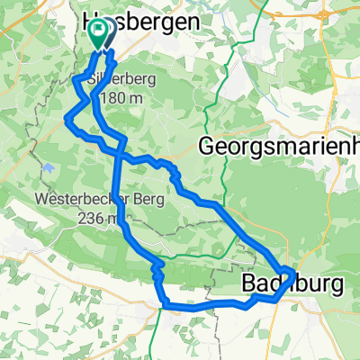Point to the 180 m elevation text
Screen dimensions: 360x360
(122, 97)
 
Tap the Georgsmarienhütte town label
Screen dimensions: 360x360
(279, 144)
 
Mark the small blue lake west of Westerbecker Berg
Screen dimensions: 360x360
(45, 167)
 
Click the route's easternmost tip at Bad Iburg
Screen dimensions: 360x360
(293, 273)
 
